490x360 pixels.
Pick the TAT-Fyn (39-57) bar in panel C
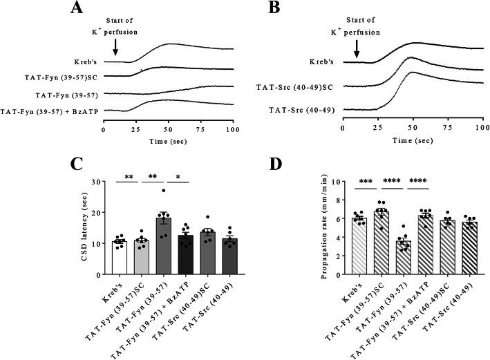click(163, 246)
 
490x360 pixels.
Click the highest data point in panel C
click(163, 191)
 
